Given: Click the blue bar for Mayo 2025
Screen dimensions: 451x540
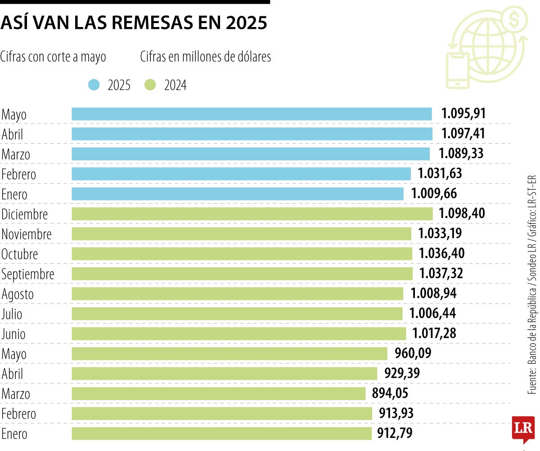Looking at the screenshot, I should [x=252, y=114].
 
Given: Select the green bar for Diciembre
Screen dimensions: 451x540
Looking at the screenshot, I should [x=252, y=214].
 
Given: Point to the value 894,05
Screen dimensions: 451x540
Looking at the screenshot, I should [x=390, y=393].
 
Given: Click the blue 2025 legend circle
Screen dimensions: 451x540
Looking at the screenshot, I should [x=94, y=85].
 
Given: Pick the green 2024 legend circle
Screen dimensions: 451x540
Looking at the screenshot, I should [x=150, y=85].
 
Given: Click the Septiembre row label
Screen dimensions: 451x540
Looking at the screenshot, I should [x=28, y=274].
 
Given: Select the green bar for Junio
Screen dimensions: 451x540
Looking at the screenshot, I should [x=239, y=333].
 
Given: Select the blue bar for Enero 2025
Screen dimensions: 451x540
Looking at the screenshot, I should [x=238, y=194].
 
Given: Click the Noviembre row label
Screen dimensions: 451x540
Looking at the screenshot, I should [x=27, y=234].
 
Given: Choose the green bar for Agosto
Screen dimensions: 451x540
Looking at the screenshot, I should [x=238, y=294].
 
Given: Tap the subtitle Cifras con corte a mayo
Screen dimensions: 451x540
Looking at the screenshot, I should [x=53, y=57].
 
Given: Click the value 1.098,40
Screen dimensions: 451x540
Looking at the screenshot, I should [x=462, y=214].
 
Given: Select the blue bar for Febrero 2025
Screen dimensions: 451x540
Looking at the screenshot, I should [x=241, y=174].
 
